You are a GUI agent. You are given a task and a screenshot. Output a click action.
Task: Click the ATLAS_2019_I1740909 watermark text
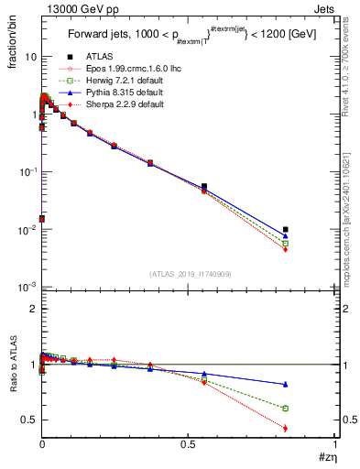[x=189, y=273]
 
